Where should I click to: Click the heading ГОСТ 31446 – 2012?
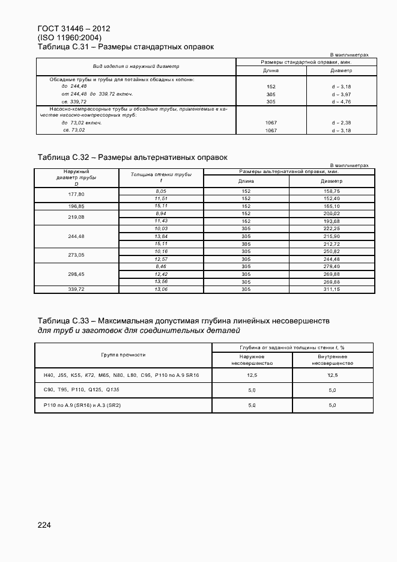click(x=73, y=28)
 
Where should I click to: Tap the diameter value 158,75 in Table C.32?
click(x=332, y=191)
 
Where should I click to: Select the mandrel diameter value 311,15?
click(x=332, y=289)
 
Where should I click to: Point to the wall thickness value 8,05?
click(x=160, y=191)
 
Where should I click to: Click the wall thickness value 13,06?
click(x=160, y=289)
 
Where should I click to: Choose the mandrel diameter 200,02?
click(x=332, y=213)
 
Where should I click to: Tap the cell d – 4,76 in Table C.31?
click(x=342, y=102)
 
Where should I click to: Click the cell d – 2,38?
click(x=342, y=123)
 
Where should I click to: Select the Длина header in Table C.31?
click(x=271, y=70)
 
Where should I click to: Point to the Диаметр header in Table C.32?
click(x=332, y=180)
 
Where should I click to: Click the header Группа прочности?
click(x=123, y=355)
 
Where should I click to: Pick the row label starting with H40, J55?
click(x=121, y=375)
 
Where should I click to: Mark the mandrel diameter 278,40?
click(x=332, y=266)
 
